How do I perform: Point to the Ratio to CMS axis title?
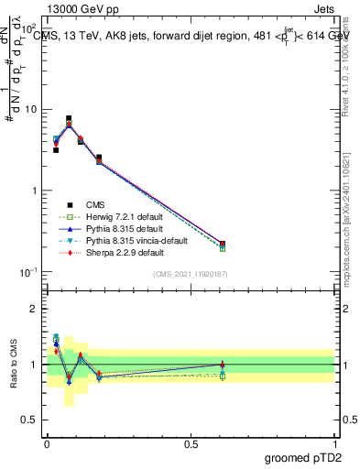tap(15, 364)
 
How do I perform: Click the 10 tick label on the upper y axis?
tap(31, 110)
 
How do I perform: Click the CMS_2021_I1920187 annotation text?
tap(191, 274)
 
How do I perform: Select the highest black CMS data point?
tap(69, 119)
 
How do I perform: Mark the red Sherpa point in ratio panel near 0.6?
tap(223, 365)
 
